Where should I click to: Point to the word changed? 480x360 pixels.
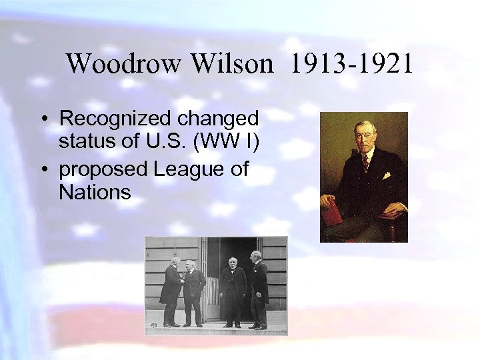[x=217, y=119]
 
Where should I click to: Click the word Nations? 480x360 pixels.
[x=95, y=193]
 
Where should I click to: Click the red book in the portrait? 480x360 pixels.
[x=332, y=211]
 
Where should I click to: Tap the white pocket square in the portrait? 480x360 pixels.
[x=386, y=176]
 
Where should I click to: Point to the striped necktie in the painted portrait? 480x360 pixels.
[x=365, y=161]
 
